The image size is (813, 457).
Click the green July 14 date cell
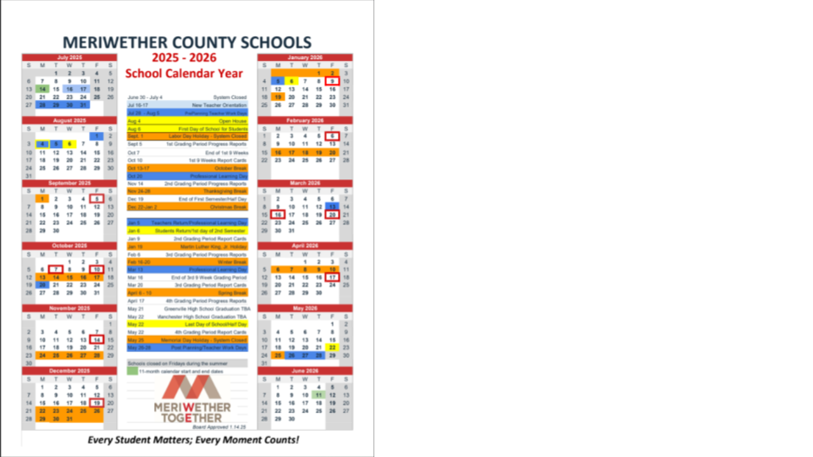[42, 89]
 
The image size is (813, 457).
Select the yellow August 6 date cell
[69, 144]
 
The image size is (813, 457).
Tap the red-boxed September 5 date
[97, 199]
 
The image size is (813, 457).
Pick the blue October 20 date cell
[42, 285]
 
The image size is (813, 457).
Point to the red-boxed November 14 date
[97, 340]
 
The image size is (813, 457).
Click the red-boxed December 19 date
[97, 403]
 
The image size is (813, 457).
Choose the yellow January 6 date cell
[291, 81]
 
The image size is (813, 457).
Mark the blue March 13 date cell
[333, 207]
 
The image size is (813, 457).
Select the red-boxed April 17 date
[333, 278]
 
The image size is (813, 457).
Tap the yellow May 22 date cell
[333, 348]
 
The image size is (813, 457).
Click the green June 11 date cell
[319, 395]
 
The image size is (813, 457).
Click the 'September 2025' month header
[69, 184]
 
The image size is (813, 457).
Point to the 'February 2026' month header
[305, 120]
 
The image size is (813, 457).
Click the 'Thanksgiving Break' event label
[228, 191]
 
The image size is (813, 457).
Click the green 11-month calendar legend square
[132, 370]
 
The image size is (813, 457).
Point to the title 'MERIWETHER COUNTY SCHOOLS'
[187, 42]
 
